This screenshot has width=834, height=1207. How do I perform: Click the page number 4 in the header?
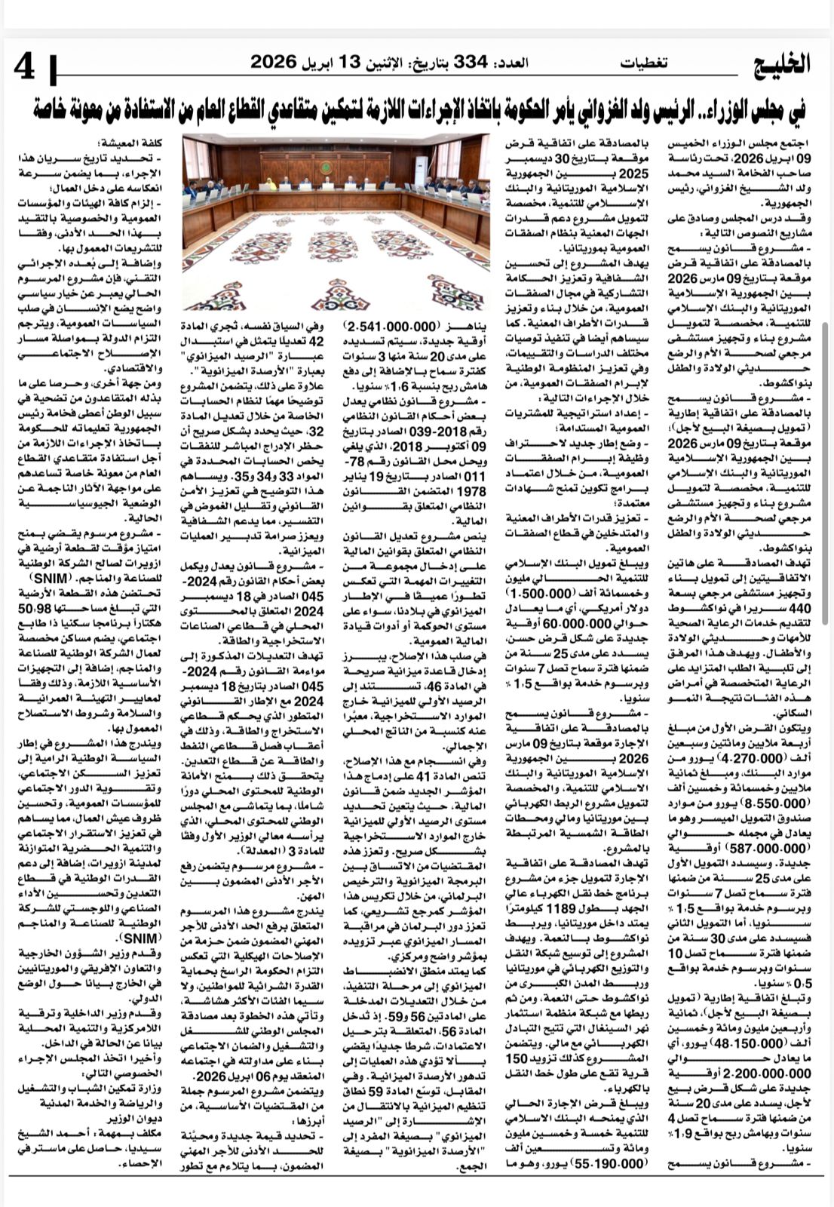pyautogui.click(x=24, y=67)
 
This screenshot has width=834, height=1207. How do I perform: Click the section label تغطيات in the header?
pyautogui.click(x=645, y=63)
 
